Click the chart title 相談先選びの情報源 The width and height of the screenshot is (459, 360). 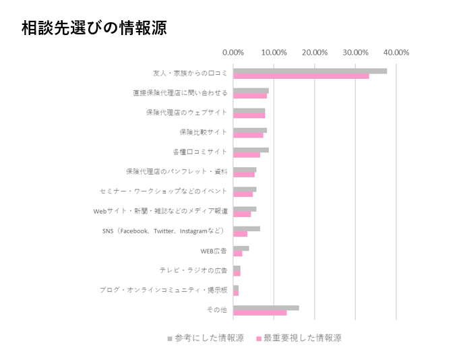(x=94, y=28)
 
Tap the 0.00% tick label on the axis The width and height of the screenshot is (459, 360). (x=233, y=53)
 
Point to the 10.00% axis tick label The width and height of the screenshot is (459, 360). (x=274, y=53)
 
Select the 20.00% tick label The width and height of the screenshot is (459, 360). (x=315, y=53)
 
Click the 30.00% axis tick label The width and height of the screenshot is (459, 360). (x=355, y=53)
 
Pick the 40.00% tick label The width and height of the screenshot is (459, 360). (x=396, y=53)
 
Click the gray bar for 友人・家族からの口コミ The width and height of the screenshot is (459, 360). (x=310, y=71)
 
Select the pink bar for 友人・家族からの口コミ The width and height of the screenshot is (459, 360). (x=301, y=76)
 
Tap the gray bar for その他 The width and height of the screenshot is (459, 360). (x=266, y=307)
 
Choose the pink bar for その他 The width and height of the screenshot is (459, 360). (x=259, y=313)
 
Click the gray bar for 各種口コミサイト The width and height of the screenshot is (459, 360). (x=251, y=150)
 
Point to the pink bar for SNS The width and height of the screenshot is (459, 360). (x=240, y=234)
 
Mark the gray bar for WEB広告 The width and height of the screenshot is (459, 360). (x=241, y=248)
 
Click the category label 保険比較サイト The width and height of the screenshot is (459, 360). (x=203, y=132)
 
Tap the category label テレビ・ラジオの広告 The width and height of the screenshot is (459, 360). (x=193, y=270)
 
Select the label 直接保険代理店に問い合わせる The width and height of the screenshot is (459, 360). (x=180, y=92)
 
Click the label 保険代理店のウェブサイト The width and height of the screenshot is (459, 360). (x=187, y=113)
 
